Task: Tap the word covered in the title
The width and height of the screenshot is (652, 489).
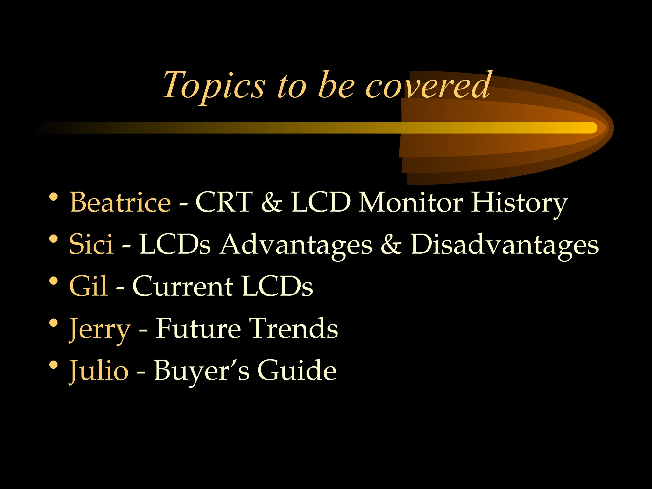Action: (428, 85)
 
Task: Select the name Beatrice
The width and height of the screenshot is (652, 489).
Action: (120, 202)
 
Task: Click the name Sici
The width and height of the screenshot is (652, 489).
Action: (91, 244)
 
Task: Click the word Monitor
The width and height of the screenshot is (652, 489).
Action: (411, 202)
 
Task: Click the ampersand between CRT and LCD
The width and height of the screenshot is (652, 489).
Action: (272, 203)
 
